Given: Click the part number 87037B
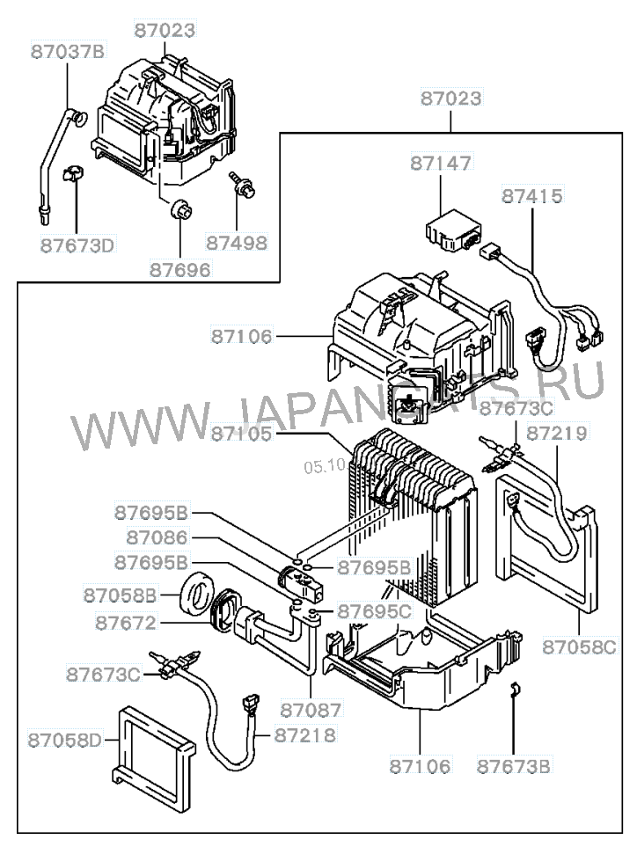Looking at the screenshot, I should (x=67, y=51).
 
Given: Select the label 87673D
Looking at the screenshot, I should (x=77, y=244).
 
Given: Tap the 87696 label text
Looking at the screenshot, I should (x=179, y=269).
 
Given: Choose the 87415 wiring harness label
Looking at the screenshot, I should (x=532, y=194).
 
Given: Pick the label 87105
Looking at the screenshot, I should (x=241, y=434).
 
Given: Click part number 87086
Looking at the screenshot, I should (x=157, y=537).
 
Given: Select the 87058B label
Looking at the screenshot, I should (x=121, y=595).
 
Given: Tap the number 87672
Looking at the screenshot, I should (x=126, y=623).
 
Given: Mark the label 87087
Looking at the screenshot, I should (x=311, y=707).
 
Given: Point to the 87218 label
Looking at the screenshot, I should (x=304, y=734).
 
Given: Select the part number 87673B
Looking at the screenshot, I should (x=514, y=766).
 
